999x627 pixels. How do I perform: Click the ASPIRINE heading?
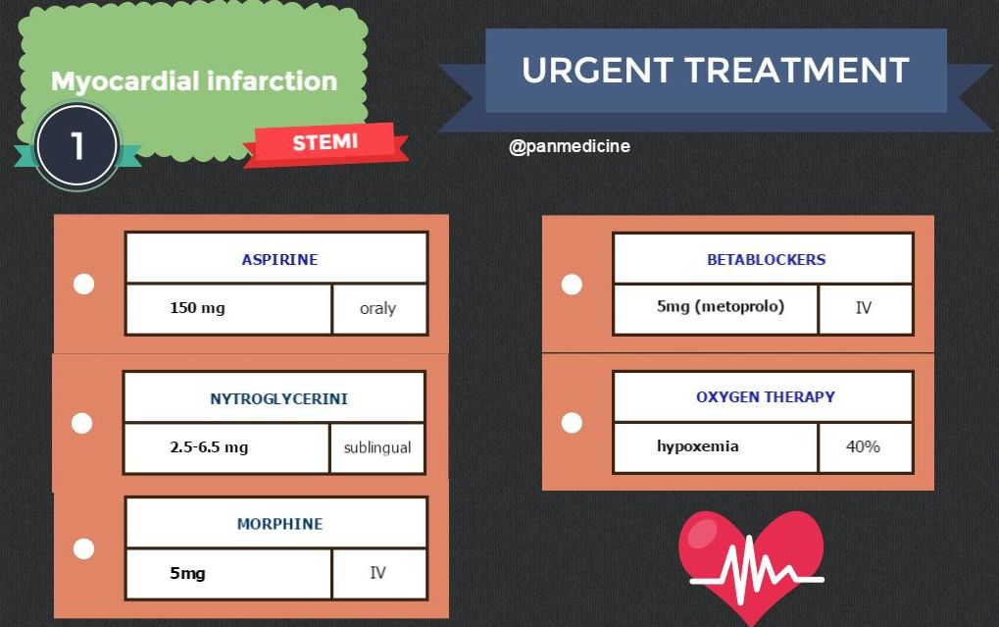point(279,260)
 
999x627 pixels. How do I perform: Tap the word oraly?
point(377,308)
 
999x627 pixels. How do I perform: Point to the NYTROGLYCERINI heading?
point(278,399)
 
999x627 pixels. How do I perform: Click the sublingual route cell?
point(376,447)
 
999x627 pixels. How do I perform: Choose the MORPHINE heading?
point(279,524)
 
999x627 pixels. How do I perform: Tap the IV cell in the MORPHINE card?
point(377,572)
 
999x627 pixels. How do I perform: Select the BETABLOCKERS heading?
point(766,260)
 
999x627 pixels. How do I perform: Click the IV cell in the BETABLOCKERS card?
point(863,307)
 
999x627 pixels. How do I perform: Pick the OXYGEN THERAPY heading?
point(766,397)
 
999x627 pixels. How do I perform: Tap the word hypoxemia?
point(698,446)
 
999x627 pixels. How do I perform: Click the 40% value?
point(863,446)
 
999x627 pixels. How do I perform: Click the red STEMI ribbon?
point(325,143)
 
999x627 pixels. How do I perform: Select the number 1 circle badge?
point(77,145)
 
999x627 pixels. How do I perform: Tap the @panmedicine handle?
point(570,146)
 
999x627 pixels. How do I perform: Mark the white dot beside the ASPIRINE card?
point(84,285)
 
